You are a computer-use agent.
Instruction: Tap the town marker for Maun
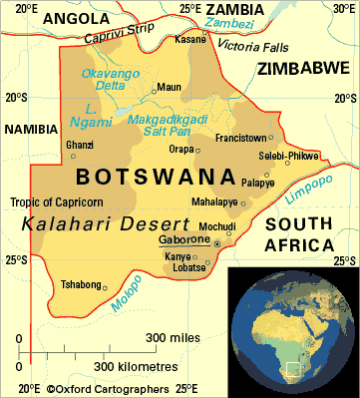tap(154, 89)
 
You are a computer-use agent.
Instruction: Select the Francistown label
tap(241, 137)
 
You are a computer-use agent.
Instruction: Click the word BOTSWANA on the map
tap(149, 178)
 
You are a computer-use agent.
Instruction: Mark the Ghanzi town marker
tap(73, 157)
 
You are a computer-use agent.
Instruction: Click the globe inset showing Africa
tap(291, 331)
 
